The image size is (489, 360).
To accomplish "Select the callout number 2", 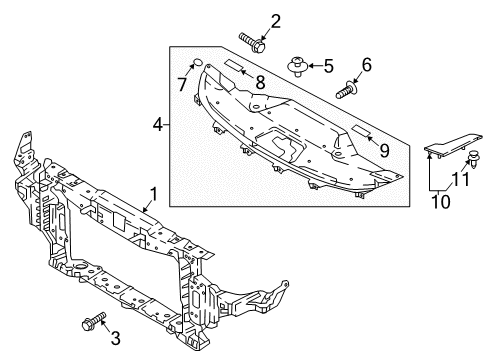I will [275, 20].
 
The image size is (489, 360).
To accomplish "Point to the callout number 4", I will [158, 125].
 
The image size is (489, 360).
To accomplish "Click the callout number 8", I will [260, 81].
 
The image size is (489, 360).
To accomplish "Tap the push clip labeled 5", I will [298, 67].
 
